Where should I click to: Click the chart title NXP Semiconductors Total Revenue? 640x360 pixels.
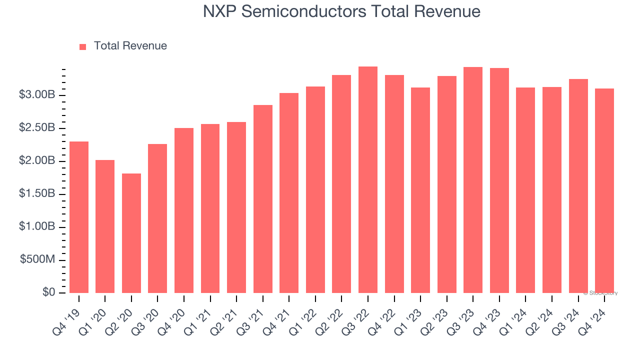click(x=341, y=11)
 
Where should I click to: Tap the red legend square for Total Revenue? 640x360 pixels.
click(x=83, y=46)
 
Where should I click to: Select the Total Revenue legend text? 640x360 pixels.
click(x=130, y=46)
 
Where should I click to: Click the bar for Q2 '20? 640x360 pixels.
click(x=131, y=233)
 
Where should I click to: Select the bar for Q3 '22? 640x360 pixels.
click(x=368, y=179)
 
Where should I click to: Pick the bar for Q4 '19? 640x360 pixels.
click(x=79, y=217)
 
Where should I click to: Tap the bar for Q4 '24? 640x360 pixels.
click(x=604, y=190)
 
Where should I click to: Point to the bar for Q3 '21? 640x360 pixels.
click(x=263, y=198)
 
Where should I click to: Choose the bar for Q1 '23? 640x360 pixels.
click(x=420, y=190)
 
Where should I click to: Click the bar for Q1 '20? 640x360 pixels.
click(x=105, y=226)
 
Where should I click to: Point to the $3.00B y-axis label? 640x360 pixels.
click(x=37, y=95)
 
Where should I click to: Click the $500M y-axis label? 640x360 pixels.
click(x=37, y=260)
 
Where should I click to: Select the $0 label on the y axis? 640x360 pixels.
click(x=48, y=292)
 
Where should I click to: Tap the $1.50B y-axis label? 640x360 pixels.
click(x=37, y=194)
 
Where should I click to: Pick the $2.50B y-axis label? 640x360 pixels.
click(x=37, y=128)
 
